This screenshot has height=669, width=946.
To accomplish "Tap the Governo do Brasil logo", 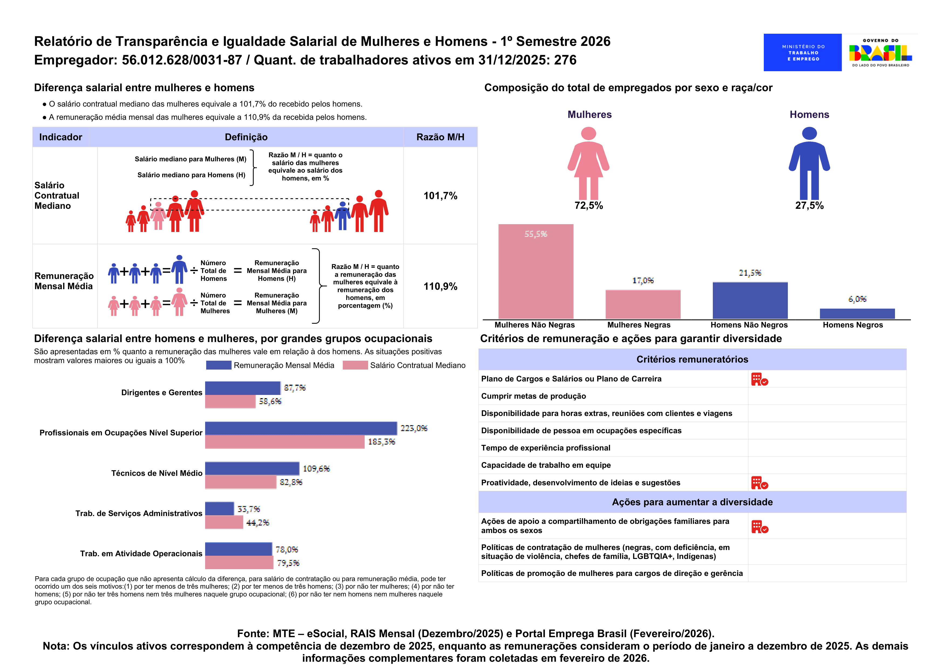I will [x=880, y=52].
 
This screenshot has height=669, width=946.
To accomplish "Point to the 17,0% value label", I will [x=643, y=281].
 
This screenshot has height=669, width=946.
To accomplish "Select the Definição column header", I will [x=246, y=137].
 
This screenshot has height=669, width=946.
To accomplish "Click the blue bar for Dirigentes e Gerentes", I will [x=243, y=388].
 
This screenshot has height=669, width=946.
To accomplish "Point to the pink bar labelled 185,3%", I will [x=285, y=442].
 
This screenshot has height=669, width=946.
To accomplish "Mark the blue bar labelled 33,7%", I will [x=219, y=509].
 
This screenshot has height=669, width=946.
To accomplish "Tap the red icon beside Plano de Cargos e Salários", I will [x=759, y=379].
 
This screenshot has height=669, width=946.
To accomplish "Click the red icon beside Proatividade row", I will [x=759, y=483].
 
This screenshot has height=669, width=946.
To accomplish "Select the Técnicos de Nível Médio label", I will [x=157, y=473].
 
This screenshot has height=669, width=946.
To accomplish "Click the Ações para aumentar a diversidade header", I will [x=692, y=502].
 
